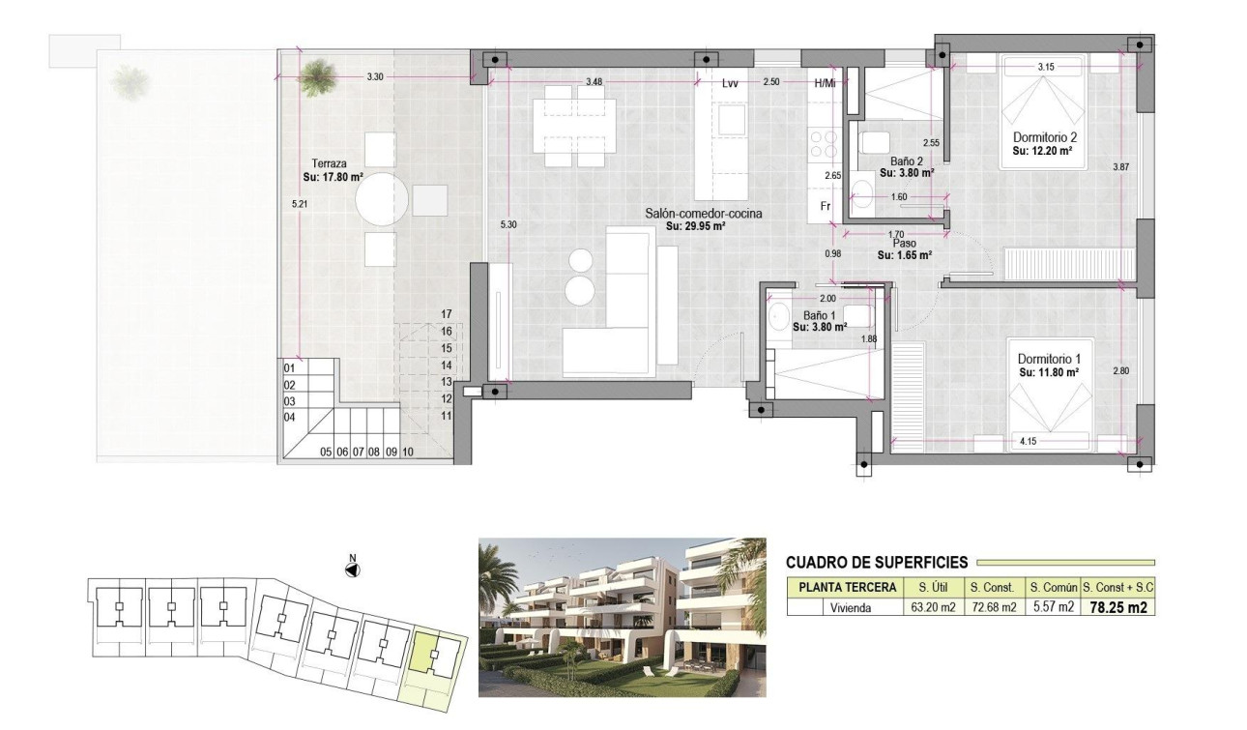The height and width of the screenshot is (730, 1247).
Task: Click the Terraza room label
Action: pyautogui.click(x=324, y=163)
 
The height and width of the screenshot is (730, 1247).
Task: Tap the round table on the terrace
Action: pyautogui.click(x=381, y=200)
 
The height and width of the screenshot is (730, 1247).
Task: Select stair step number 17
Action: pyautogui.click(x=447, y=314)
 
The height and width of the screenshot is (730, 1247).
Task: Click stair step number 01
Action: pyautogui.click(x=289, y=368)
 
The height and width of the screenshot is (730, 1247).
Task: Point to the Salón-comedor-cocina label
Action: pyautogui.click(x=696, y=213)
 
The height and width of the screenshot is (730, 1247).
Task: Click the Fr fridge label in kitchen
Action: pyautogui.click(x=826, y=206)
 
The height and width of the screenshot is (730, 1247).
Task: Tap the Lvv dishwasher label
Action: pyautogui.click(x=730, y=84)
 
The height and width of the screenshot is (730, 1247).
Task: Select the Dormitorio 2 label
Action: pyautogui.click(x=1044, y=137)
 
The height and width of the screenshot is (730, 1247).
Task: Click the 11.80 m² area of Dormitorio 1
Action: pyautogui.click(x=1049, y=370)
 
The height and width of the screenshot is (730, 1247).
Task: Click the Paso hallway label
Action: pyautogui.click(x=903, y=245)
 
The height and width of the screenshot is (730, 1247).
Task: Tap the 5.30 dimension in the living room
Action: pyautogui.click(x=508, y=224)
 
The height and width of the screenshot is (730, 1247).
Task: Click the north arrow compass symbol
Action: pyautogui.click(x=353, y=569)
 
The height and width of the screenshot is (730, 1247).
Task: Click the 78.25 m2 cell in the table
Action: pyautogui.click(x=1119, y=608)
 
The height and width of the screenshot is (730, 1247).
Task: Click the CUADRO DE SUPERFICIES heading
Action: pyautogui.click(x=876, y=562)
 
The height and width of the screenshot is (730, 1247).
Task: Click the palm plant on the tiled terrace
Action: pyautogui.click(x=315, y=76)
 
